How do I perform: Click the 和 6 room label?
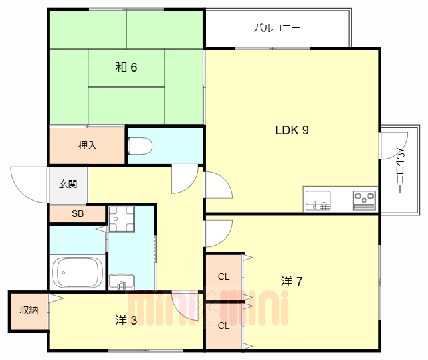(x=126, y=67)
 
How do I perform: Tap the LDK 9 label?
(x=292, y=130)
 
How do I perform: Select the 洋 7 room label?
(x=292, y=281)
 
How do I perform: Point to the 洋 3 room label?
(x=126, y=320)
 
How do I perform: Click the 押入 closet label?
(x=87, y=145)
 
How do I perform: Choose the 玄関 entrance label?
(x=68, y=184)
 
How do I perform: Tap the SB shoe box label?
(x=78, y=214)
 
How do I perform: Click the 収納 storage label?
(x=29, y=310)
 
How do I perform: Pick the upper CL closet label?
(x=223, y=276)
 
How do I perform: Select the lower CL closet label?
(x=223, y=326)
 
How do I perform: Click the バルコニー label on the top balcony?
(x=277, y=29)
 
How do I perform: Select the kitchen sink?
(x=318, y=200)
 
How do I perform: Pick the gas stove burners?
(x=364, y=199)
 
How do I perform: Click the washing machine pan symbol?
(x=122, y=217)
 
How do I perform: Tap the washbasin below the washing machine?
(x=121, y=282)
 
